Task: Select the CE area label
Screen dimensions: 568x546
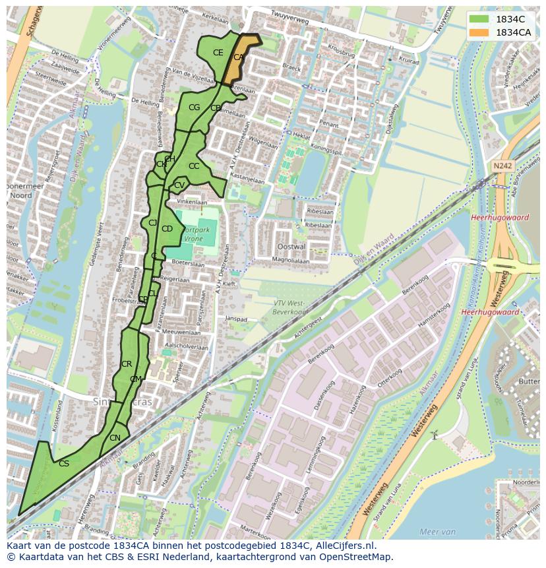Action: click(218, 53)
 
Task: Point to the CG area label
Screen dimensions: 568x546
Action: click(194, 108)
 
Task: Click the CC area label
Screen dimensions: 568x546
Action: click(194, 166)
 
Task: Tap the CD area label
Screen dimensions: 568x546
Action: click(167, 229)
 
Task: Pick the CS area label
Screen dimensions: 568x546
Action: click(64, 464)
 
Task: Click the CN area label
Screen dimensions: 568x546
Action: click(115, 438)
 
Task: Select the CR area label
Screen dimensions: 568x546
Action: click(127, 364)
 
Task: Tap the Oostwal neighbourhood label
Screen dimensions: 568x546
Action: click(292, 246)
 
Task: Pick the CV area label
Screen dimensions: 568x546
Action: click(179, 186)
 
